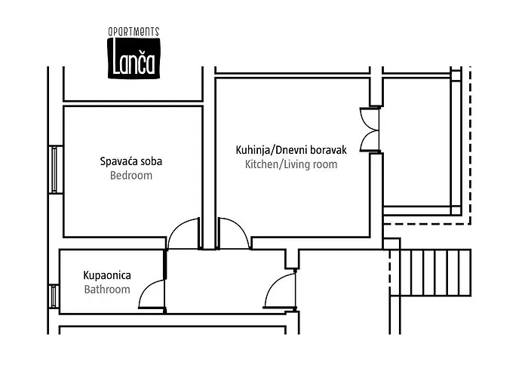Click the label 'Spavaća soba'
click(x=131, y=161)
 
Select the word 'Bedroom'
click(x=131, y=176)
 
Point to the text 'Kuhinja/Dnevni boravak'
click(x=290, y=149)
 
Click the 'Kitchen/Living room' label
click(x=290, y=164)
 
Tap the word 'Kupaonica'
click(x=106, y=274)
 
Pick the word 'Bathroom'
click(x=106, y=290)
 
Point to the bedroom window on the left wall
click(x=54, y=170)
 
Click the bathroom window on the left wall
click(x=54, y=295)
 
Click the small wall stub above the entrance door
click(x=290, y=259)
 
